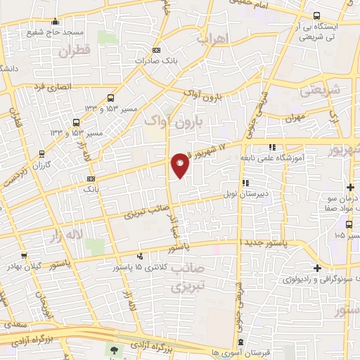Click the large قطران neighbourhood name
pos(76,51)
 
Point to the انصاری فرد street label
pos(49,86)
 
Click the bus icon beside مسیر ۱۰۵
pos(351,236)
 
